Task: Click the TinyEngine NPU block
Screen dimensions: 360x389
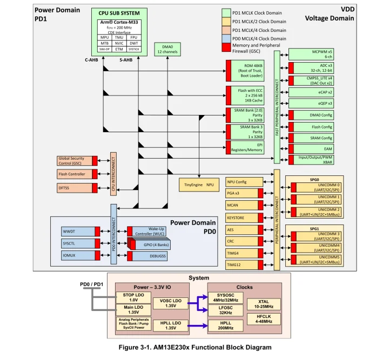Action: pyautogui.click(x=199, y=185)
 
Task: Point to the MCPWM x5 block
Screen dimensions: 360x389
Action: pyautogui.click(x=314, y=53)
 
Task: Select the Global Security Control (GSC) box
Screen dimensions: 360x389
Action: pyautogui.click(x=74, y=160)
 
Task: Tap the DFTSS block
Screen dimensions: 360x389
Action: pyautogui.click(x=74, y=187)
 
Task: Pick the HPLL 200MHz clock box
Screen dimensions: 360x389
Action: pyautogui.click(x=225, y=325)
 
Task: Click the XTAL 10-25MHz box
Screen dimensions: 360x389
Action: pyautogui.click(x=263, y=303)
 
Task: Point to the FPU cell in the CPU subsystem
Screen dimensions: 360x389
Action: pyautogui.click(x=133, y=37)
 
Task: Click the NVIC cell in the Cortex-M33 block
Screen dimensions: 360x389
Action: pyautogui.click(x=119, y=43)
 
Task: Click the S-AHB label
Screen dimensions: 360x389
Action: pyautogui.click(x=126, y=59)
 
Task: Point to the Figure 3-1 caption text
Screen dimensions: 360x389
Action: pyautogui.click(x=194, y=347)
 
